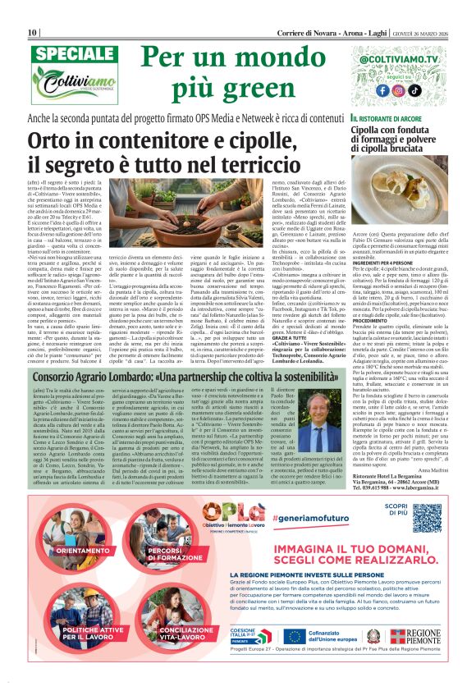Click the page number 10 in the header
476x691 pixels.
pyautogui.click(x=33, y=9)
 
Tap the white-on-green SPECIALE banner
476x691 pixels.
pyautogui.click(x=62, y=53)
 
